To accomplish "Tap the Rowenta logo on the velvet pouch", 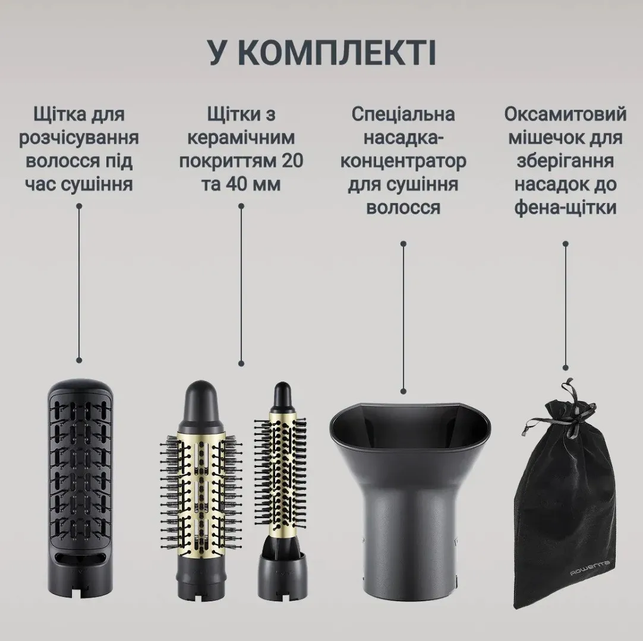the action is [590, 569].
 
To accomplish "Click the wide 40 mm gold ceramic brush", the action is [200, 490].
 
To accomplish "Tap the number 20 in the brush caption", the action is [291, 160].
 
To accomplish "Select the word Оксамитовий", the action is [566, 115].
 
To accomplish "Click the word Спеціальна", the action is [403, 115].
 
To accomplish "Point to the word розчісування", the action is [78, 138].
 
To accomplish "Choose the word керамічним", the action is [241, 138].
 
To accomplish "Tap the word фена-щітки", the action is [566, 207].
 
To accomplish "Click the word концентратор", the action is [403, 161].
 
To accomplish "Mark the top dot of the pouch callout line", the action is [566, 244].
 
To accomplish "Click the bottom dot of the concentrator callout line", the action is [404, 391].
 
